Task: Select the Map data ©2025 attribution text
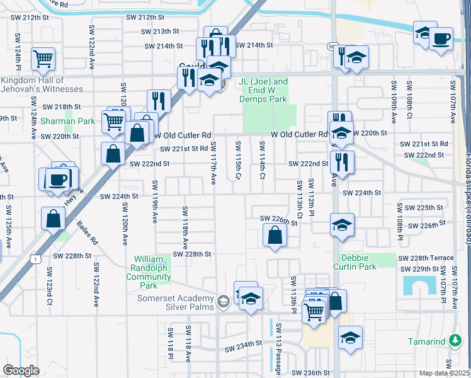coord(444,373)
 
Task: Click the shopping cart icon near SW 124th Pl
coord(43,59)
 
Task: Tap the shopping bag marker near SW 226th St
coord(275,235)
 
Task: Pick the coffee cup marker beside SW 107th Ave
coord(441,38)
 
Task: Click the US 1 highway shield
coord(38,258)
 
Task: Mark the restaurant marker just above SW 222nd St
coord(342,161)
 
